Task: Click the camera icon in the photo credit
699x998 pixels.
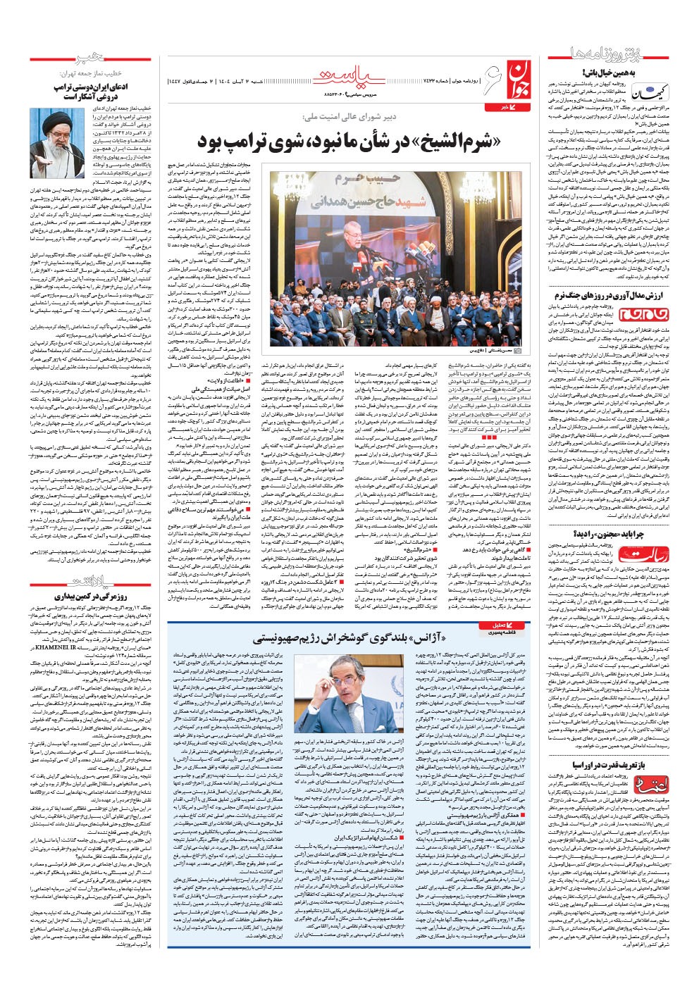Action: pos(518,349)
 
